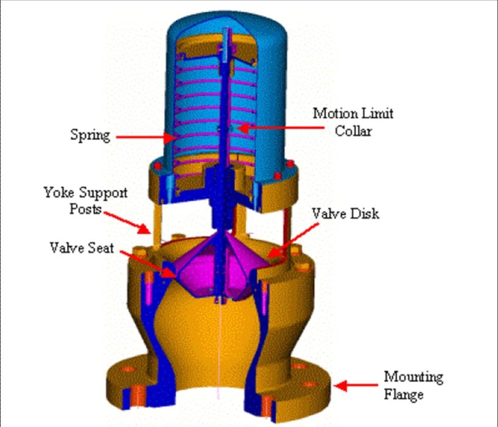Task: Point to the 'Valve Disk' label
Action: (345, 214)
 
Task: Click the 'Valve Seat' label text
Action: (82, 247)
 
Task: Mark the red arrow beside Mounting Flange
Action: (356, 385)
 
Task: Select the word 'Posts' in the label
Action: (85, 209)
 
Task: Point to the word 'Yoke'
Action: (58, 192)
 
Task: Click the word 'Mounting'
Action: (413, 377)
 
